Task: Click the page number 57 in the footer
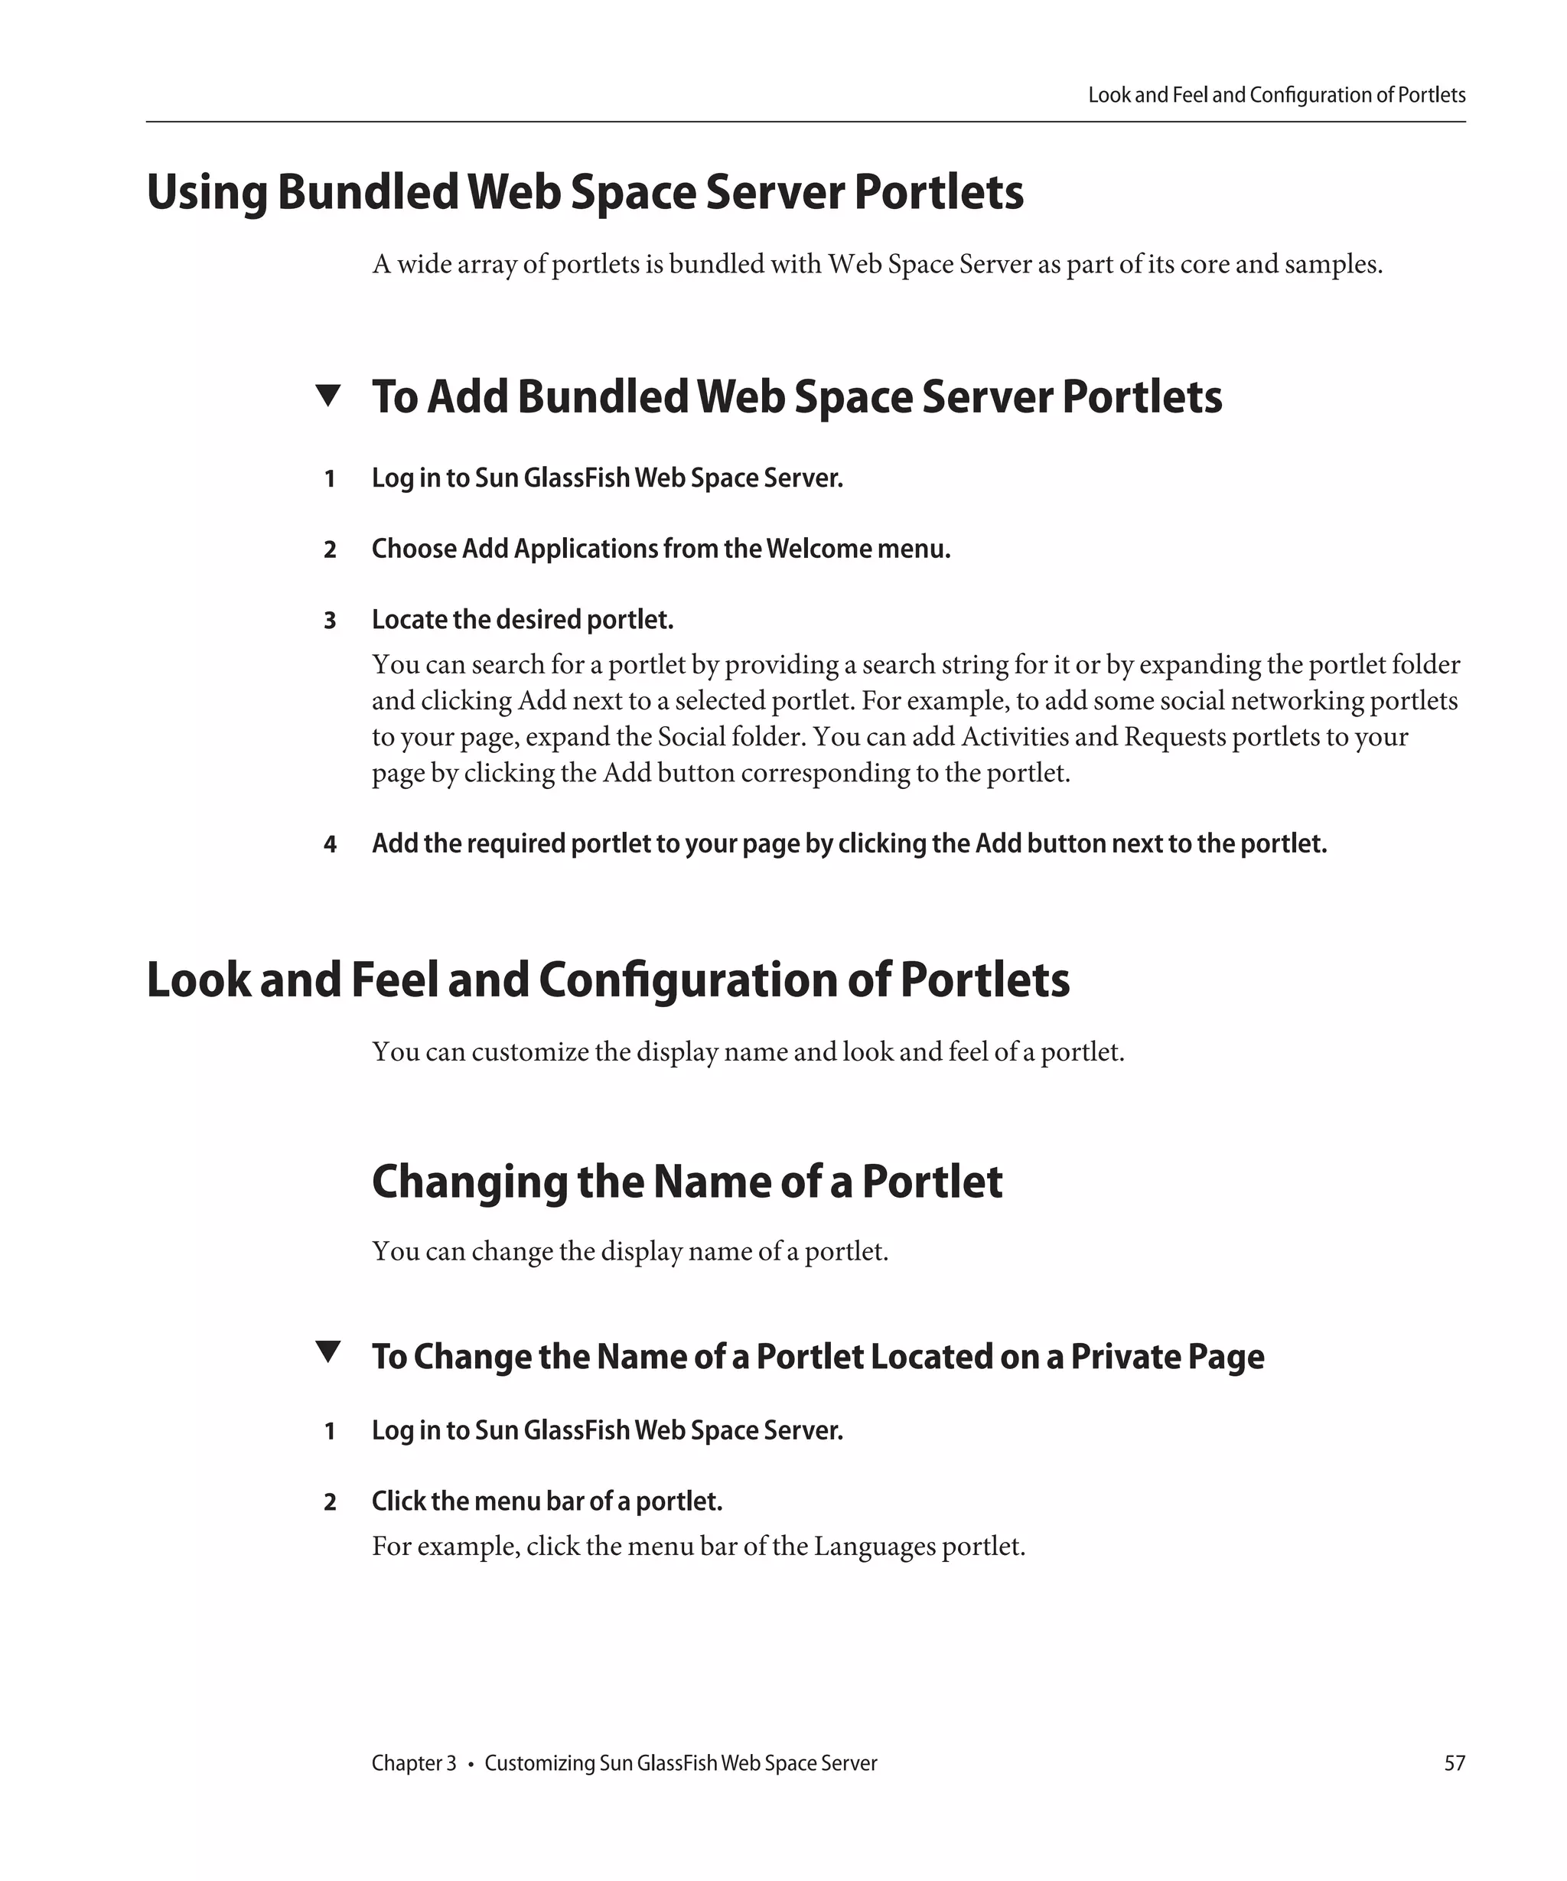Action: tap(1455, 1762)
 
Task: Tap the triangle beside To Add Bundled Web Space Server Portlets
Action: tap(328, 395)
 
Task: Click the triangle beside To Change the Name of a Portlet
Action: tap(328, 1351)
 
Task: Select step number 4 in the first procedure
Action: tap(330, 845)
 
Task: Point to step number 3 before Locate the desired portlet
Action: tap(330, 621)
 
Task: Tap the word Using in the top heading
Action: tap(206, 193)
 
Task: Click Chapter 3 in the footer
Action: tap(414, 1762)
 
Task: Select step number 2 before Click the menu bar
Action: tap(330, 1502)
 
